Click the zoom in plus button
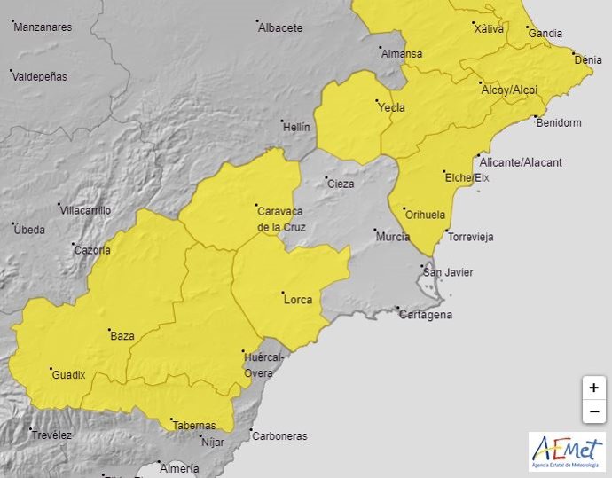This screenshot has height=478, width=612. pos(593,388)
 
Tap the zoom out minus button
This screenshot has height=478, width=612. pos(593,411)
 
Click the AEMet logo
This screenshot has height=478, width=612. pos(567,452)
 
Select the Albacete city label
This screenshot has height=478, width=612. pos(280,27)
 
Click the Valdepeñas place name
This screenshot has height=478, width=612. pos(41,76)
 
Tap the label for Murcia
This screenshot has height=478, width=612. pos(393,237)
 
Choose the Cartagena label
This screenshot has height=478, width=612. pos(426,315)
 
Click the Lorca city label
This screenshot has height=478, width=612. pos(298,300)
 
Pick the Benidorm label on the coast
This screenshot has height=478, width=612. pos(559,122)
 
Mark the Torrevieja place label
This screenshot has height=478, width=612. pos(471,237)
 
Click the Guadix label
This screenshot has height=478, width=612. pos(69,375)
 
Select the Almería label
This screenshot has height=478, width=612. pos(181,466)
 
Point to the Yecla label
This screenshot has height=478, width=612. pos(392,108)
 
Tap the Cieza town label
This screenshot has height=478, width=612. pos(341,184)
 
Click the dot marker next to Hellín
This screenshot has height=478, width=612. pos(282,121)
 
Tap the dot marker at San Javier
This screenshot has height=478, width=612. pos(422,265)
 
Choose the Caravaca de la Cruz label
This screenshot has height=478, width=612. pos(281,219)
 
